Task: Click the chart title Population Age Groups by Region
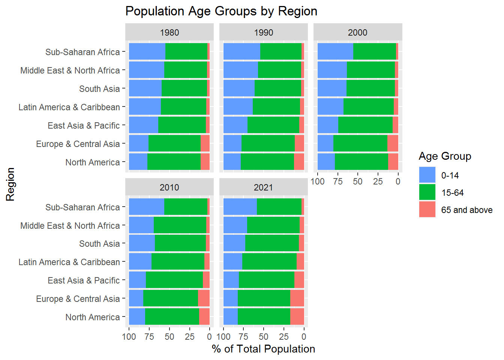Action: pos(221,11)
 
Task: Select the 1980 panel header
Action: pos(169,33)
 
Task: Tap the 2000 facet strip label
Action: pos(357,33)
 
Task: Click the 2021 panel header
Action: pos(263,187)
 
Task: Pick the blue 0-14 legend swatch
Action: pos(427,175)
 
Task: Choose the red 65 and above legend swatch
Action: pos(427,210)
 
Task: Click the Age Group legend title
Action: pos(445,156)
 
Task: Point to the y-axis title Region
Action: pos(10,184)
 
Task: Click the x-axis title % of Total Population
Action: pos(263,349)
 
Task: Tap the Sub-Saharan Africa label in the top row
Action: pos(82,52)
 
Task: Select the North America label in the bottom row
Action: pos(93,317)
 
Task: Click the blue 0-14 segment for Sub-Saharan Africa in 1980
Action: pos(147,51)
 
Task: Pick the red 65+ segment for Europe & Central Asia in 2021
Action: pos(297,298)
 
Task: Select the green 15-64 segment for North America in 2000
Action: pos(361,162)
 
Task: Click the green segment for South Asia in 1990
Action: pos(277,88)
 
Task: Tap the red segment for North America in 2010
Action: pos(204,316)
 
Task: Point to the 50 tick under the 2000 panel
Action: pos(358,181)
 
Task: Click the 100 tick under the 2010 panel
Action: pos(129,337)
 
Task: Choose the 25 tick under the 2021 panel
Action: pos(284,337)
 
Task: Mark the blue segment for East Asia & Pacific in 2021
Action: pos(231,280)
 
